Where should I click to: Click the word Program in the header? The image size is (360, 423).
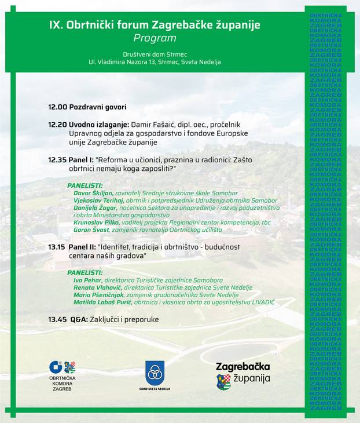155,38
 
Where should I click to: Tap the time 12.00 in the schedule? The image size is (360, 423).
57,107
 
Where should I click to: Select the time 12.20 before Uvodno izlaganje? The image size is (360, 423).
57,125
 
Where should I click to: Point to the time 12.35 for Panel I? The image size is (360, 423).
57,159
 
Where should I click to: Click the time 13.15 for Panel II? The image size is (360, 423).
57,247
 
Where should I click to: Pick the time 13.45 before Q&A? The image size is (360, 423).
57,319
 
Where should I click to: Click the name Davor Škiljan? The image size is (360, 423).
93,193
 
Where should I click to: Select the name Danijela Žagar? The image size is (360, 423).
95,208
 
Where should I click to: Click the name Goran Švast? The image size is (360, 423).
91,230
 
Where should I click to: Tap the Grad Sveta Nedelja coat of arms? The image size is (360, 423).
155,371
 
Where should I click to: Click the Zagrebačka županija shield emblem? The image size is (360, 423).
223,381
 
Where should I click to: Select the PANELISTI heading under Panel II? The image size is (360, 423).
85,272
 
